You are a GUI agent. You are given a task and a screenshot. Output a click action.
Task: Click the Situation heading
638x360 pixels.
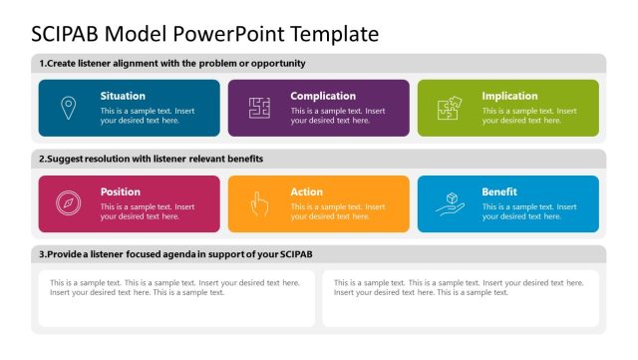pos(123,96)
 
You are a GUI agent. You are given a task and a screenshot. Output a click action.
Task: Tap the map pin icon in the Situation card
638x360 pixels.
pos(68,107)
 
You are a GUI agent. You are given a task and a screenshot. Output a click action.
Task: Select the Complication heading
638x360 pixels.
pos(323,96)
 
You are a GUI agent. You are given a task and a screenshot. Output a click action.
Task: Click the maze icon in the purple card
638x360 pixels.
pos(259,108)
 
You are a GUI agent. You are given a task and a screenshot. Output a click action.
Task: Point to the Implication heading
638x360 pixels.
pos(509,96)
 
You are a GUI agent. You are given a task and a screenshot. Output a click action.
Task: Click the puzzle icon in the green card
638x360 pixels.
pos(450,108)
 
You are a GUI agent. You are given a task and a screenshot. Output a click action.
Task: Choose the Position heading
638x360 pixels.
pos(121,191)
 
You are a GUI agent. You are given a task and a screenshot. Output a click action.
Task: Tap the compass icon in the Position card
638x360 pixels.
pos(68,203)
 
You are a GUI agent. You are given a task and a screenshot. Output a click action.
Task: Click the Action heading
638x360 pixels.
pos(306,191)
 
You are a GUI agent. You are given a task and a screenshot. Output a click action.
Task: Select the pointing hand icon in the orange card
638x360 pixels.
pos(259,203)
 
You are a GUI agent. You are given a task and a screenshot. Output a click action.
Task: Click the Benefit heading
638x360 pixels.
pos(499,191)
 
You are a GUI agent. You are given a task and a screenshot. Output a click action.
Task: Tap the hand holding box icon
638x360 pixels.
pos(450,203)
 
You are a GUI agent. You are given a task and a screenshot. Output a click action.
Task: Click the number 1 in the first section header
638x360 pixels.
pos(41,63)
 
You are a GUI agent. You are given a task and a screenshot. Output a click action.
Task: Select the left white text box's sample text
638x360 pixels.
pos(174,287)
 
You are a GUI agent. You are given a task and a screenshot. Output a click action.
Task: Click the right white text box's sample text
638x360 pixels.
pos(458,287)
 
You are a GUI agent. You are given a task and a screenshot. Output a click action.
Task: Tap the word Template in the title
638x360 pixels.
pos(335,33)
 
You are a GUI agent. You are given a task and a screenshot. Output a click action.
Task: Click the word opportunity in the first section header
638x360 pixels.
pos(275,63)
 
